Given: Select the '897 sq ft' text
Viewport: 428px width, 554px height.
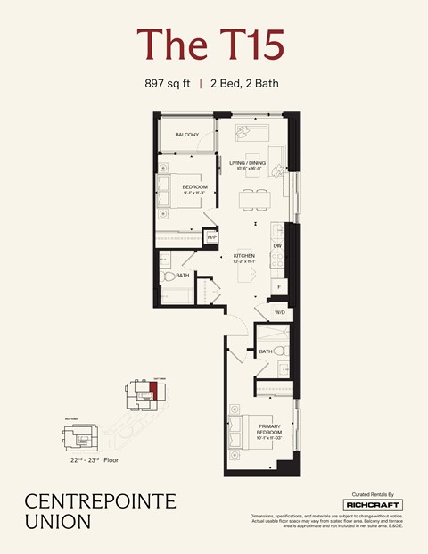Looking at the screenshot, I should click(x=168, y=84).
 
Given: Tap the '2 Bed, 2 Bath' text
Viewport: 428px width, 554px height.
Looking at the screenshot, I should click(x=246, y=84).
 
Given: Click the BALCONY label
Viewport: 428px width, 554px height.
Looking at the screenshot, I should click(x=186, y=135).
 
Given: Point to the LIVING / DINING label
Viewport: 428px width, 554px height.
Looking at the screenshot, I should click(x=247, y=164).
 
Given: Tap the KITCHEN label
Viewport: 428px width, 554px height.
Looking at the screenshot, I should click(x=244, y=257).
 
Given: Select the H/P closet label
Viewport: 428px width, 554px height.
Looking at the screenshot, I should click(x=211, y=237).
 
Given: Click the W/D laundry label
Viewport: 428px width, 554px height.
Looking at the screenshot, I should click(x=279, y=312).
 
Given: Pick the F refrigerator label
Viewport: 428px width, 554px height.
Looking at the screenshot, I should click(x=278, y=286).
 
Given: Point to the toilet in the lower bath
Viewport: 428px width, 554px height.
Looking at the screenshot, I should click(x=278, y=350).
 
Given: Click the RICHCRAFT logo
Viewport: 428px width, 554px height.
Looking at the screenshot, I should click(x=373, y=504).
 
